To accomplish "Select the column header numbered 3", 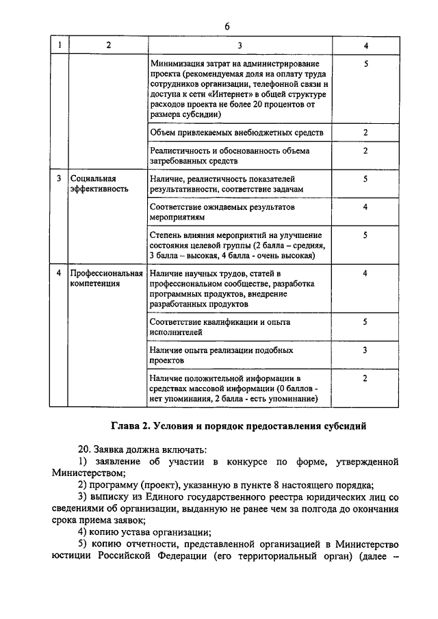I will tap(240, 45).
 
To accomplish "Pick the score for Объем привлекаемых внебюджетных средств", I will tap(366, 132).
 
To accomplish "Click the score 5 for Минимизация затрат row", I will tap(366, 64).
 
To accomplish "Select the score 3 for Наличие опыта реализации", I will tap(366, 350).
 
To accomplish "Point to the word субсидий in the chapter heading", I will tap(346, 426).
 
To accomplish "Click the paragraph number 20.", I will tap(84, 449).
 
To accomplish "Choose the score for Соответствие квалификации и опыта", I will tap(366, 321).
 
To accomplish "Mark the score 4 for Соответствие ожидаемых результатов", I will tap(366, 207).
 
